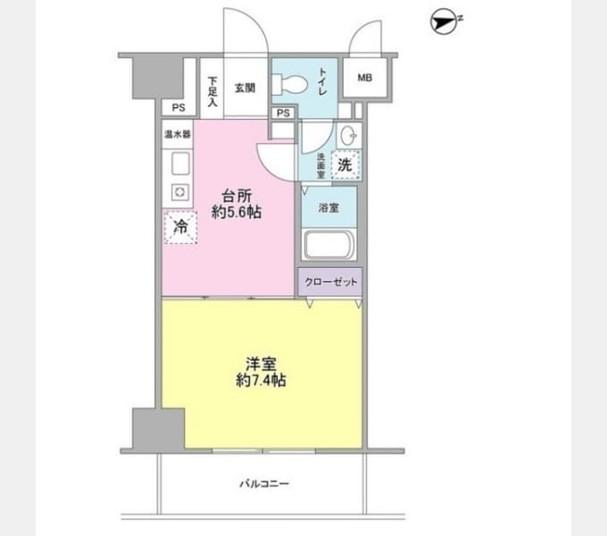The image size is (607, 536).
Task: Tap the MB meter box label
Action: tap(365, 78)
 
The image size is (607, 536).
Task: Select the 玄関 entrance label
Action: tap(245, 88)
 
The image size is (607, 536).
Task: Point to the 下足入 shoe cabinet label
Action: tap(212, 91)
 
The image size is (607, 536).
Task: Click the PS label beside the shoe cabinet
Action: tap(179, 108)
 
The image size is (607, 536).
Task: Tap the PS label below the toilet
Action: tap(283, 113)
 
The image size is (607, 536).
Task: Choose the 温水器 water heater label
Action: tap(178, 134)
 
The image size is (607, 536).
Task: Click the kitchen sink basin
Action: tap(180, 163)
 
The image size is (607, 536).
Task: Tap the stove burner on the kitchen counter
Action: tap(179, 192)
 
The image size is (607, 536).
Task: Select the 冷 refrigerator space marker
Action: tap(181, 227)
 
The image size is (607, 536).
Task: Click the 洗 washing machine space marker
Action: tap(345, 165)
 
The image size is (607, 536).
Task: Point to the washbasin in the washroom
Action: tap(349, 136)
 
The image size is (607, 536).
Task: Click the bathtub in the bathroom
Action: tap(328, 245)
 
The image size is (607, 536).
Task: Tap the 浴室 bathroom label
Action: tap(328, 208)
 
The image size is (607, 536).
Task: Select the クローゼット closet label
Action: tap(330, 281)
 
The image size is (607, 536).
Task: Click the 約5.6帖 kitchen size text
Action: tap(237, 213)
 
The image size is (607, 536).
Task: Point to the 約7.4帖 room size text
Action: tap(261, 381)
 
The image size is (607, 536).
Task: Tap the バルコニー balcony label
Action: tap(264, 483)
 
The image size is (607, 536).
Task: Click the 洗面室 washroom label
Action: tap(321, 166)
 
